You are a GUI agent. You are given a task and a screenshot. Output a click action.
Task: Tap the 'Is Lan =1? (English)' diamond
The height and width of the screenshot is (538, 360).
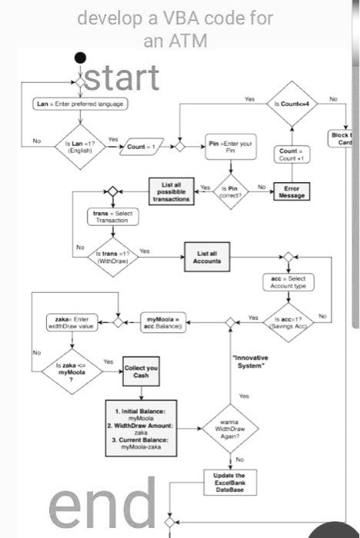pos(79,144)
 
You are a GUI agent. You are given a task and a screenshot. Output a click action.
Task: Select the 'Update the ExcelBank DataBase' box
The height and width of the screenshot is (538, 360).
pos(228,480)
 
